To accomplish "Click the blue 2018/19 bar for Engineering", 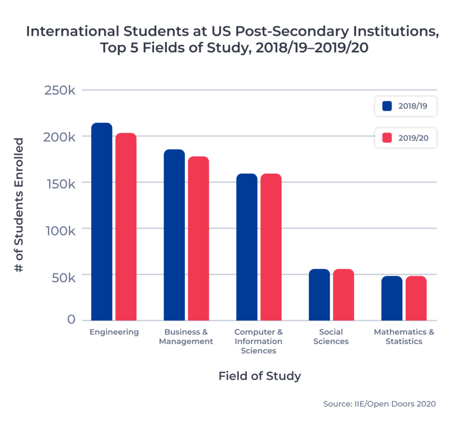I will tap(101, 222).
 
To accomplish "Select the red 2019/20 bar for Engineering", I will tap(126, 227).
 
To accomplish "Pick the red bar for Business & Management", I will tap(198, 239).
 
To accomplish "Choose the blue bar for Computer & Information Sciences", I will tap(247, 247).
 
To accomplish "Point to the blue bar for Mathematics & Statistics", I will tap(392, 298).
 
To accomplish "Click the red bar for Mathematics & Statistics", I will tap(416, 298).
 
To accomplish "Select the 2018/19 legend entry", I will tap(405, 106).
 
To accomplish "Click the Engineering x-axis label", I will tap(114, 332).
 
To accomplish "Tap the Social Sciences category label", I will tap(331, 337).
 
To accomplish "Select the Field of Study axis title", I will tap(260, 376).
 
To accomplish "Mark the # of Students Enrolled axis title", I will tap(19, 205).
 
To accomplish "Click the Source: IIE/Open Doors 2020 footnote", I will tap(379, 404).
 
